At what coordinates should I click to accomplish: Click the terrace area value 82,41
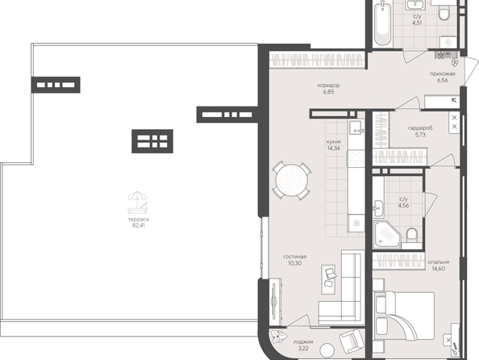coord(139,225)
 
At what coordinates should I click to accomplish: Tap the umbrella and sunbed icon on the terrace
coord(138,202)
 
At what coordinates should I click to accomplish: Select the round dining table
coord(292,181)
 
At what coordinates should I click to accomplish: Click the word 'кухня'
coord(333,142)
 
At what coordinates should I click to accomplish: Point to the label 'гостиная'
coord(295,257)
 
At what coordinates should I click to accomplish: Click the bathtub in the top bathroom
coord(382,23)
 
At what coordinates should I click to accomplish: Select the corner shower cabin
coord(387,235)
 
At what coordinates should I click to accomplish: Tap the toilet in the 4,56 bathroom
coord(412,236)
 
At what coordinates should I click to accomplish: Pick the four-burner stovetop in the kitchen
coord(356,158)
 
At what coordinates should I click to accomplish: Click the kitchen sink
coord(356,128)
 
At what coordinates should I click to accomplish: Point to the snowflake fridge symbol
coord(356,223)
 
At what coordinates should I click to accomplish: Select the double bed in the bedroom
coord(404,316)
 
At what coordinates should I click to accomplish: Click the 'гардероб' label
coord(420,128)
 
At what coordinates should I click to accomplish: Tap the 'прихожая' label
coord(443,73)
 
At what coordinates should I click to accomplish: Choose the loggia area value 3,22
coord(303,349)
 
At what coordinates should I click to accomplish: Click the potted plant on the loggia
coord(278,337)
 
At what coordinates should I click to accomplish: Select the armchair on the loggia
coord(352,341)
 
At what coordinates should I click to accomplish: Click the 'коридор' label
coord(328,86)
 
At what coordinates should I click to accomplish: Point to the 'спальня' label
coord(439,262)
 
